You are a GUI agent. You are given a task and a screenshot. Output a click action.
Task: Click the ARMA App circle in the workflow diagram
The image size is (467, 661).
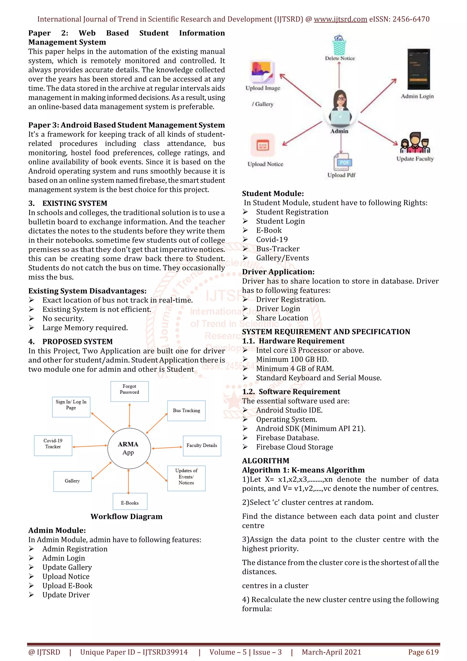tap(129, 448)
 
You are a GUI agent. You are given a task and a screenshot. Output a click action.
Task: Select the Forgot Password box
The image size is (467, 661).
tap(130, 391)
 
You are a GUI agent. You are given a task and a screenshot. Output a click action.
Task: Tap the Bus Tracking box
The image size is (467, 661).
tap(187, 411)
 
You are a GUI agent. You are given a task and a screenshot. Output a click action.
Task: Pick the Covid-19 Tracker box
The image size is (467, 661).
tap(53, 445)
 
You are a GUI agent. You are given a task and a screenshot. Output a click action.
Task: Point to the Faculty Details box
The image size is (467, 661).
tap(202, 446)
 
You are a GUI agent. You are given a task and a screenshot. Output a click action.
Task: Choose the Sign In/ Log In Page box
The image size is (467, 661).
tap(71, 407)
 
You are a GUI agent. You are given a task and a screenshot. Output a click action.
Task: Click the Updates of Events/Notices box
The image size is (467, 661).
tap(187, 478)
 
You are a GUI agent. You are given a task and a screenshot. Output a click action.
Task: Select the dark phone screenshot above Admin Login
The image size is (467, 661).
tap(418, 69)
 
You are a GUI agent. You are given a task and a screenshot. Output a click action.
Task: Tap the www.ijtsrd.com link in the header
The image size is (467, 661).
tap(340, 19)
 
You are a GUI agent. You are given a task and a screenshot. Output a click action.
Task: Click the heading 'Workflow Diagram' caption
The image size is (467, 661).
tap(127, 516)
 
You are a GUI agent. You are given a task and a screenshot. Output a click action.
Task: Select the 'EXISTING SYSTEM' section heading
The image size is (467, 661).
tap(75, 203)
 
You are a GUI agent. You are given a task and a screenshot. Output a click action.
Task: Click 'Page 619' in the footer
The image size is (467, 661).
tap(423, 652)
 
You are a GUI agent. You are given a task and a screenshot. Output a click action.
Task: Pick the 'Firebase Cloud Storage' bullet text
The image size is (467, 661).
tap(294, 447)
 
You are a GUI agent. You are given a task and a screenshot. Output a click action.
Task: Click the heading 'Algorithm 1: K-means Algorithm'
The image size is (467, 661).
tap(303, 470)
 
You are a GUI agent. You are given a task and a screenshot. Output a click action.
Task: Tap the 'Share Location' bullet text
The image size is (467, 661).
tap(282, 318)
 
